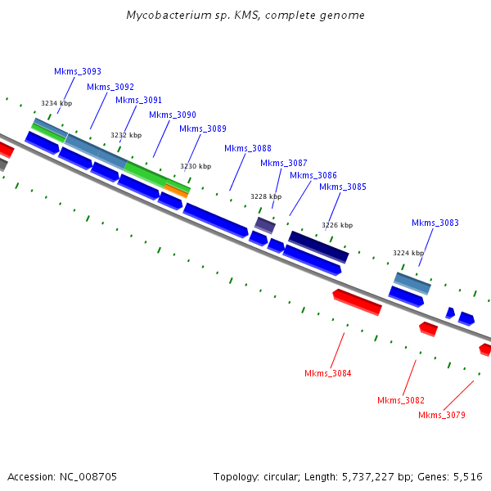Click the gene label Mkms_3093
coord(78,72)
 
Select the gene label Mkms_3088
coord(247,148)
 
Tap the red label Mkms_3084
coord(327,374)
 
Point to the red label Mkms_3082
coord(400,400)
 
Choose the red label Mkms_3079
coord(441,416)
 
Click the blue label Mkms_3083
coord(435,223)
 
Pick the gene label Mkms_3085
coord(342,187)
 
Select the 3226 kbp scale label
coord(336,225)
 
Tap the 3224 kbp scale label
coord(408,253)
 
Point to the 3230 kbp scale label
coord(195,166)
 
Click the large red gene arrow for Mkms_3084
coord(357,301)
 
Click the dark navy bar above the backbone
coord(318,246)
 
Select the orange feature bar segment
coord(177,190)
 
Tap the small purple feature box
coord(264,224)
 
